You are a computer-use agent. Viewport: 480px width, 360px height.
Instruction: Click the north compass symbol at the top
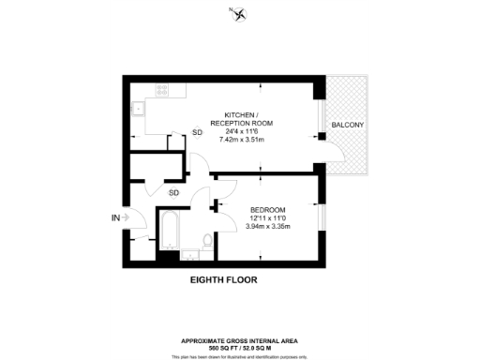(239, 13)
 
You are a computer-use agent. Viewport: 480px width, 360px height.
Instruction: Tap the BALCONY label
(346, 125)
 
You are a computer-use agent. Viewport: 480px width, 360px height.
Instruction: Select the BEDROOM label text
(267, 208)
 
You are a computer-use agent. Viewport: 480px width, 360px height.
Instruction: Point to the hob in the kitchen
(161, 92)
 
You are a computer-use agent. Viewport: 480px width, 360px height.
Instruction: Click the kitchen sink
(139, 106)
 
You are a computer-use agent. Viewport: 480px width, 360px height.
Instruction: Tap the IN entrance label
(116, 217)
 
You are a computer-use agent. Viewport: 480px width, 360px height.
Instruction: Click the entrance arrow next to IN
(125, 217)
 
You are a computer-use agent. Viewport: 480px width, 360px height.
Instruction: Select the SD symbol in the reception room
(197, 133)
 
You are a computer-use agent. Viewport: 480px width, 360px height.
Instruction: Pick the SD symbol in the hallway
(174, 192)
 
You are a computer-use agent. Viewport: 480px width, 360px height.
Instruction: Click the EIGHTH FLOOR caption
(223, 279)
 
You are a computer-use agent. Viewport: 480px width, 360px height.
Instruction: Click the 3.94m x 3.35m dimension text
(267, 225)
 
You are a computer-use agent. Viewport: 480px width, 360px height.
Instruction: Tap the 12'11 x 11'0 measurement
(267, 217)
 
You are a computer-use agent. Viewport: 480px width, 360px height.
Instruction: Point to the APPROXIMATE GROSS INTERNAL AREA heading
(240, 340)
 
